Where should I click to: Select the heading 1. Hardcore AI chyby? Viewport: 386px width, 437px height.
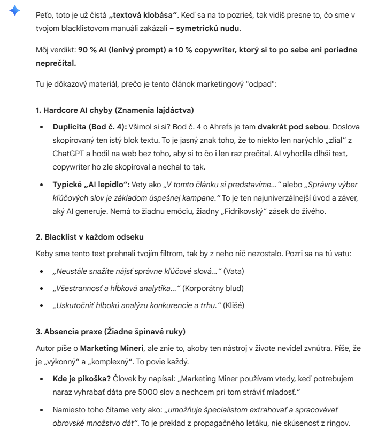tap(114, 110)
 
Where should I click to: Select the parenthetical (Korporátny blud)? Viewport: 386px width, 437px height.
tap(213, 288)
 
